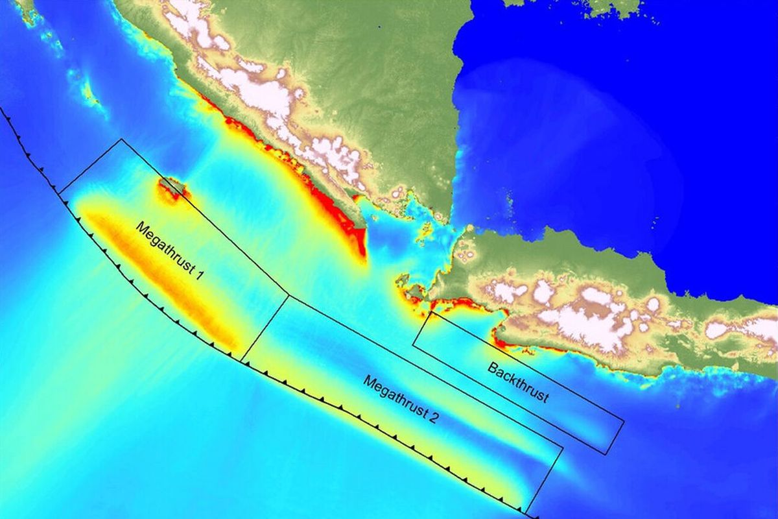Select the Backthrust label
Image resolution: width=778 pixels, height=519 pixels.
(x=518, y=383)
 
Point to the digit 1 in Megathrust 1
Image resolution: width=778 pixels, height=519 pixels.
(x=200, y=276)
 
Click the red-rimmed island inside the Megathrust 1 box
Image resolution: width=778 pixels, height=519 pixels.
(x=172, y=189)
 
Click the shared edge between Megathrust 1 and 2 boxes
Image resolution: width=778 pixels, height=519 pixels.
(x=265, y=328)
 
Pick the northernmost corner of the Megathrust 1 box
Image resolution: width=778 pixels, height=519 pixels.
(x=120, y=139)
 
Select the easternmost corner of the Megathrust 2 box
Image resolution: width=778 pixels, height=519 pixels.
(x=562, y=447)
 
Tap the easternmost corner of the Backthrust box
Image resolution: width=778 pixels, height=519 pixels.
(x=624, y=422)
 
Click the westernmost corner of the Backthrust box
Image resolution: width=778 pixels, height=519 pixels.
(x=413, y=346)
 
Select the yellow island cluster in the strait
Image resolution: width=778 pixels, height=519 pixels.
(x=425, y=228)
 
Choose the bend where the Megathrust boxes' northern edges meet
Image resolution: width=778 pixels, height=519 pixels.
(x=288, y=296)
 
